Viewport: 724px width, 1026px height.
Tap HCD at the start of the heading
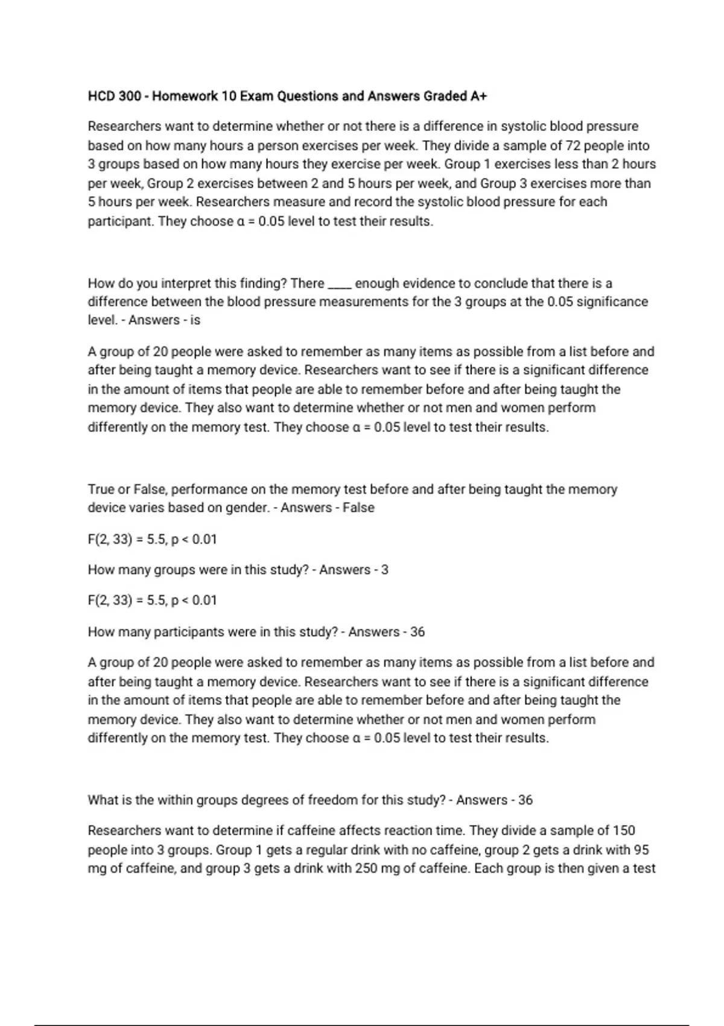(x=101, y=96)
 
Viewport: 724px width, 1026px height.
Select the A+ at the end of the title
(x=480, y=96)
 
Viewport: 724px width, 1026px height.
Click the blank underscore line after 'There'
(x=340, y=284)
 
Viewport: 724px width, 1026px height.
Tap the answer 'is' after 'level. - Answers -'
(x=195, y=320)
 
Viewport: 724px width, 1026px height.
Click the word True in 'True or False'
(x=101, y=489)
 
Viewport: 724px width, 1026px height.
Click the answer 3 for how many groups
(x=385, y=570)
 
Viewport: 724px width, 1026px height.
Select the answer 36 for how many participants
(x=418, y=632)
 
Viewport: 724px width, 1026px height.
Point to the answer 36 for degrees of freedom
(x=526, y=800)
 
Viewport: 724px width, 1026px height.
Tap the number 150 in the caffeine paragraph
(x=624, y=830)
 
